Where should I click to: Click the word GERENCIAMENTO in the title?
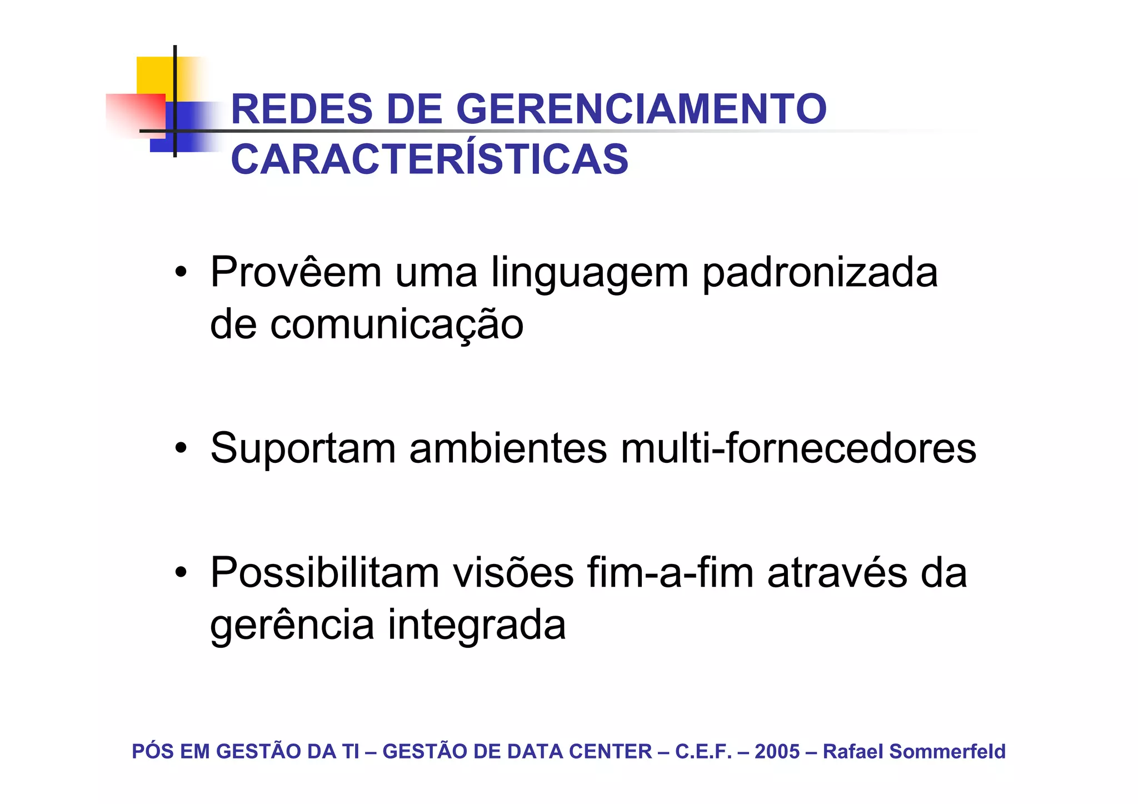pyautogui.click(x=641, y=109)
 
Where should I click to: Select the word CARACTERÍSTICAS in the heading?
pyautogui.click(x=430, y=159)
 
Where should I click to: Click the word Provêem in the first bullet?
pyautogui.click(x=296, y=272)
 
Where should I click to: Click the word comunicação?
pyautogui.click(x=397, y=325)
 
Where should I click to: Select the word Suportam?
pyautogui.click(x=303, y=449)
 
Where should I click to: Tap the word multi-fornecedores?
pyautogui.click(x=798, y=448)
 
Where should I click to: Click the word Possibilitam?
pyautogui.click(x=325, y=573)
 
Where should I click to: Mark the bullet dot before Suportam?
pyautogui.click(x=180, y=448)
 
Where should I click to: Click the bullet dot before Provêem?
pyautogui.click(x=180, y=272)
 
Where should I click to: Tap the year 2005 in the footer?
pyautogui.click(x=777, y=751)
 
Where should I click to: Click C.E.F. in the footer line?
pyautogui.click(x=703, y=751)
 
